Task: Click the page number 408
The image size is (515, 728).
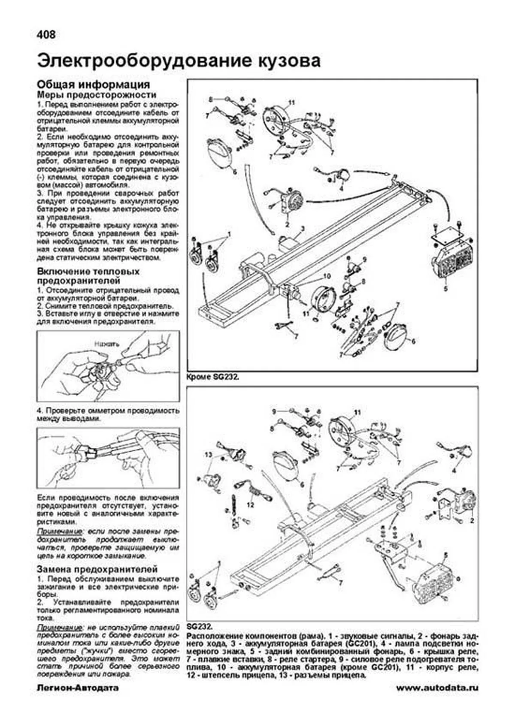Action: point(46,35)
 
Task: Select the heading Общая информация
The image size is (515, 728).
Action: point(93,84)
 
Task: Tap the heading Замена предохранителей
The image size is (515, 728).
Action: point(97,570)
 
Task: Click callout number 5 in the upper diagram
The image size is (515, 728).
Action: point(445,289)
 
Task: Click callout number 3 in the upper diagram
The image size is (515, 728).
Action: point(302,228)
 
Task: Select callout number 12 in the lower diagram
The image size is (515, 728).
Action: point(250,505)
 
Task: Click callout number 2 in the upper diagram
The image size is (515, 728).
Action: point(287,224)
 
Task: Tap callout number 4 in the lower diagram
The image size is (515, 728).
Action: point(454,471)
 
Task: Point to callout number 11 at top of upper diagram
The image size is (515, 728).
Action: point(292,102)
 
